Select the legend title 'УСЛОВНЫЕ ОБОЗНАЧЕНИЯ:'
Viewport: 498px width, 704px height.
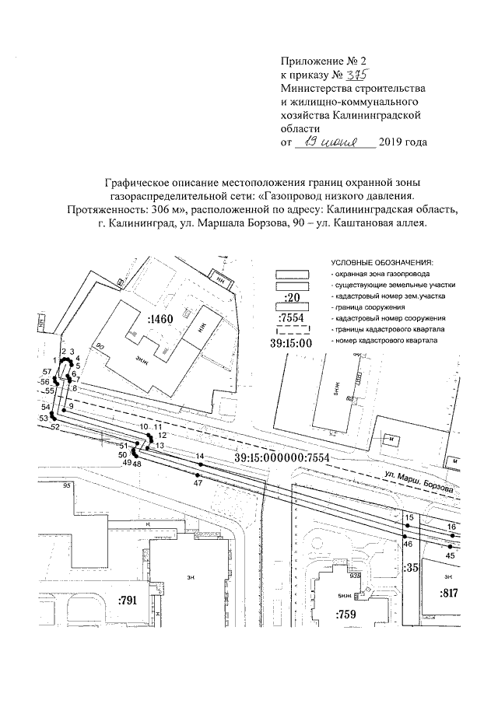(x=381, y=264)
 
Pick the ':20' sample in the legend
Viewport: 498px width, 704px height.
(x=293, y=298)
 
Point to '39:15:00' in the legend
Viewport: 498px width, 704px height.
(x=290, y=343)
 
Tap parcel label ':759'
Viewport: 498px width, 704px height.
(x=345, y=615)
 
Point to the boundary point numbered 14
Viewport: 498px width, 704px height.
(x=200, y=464)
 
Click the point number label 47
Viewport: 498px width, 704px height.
(x=198, y=483)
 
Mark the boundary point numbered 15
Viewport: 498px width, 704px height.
(x=406, y=527)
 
